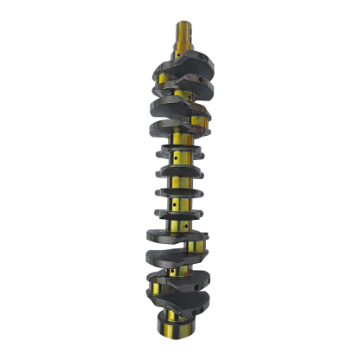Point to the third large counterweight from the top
177,107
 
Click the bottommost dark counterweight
180,304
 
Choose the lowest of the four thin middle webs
178,212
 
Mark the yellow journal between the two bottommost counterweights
177,293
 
